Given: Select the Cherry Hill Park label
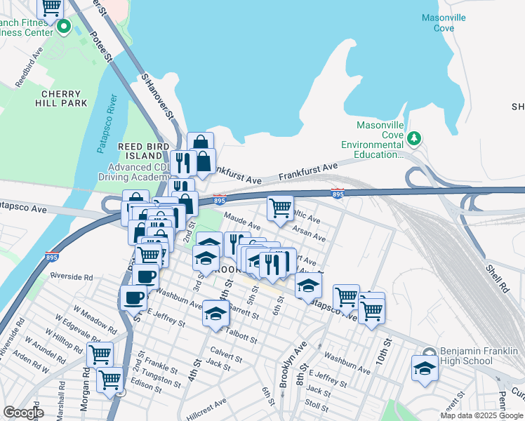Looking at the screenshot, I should tap(64, 98).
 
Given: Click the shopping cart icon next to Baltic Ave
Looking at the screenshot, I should tap(280, 207).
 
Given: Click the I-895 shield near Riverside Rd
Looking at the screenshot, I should tap(52, 257).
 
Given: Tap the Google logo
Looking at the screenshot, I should tap(23, 412).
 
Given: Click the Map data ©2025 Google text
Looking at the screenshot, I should tap(481, 415).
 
